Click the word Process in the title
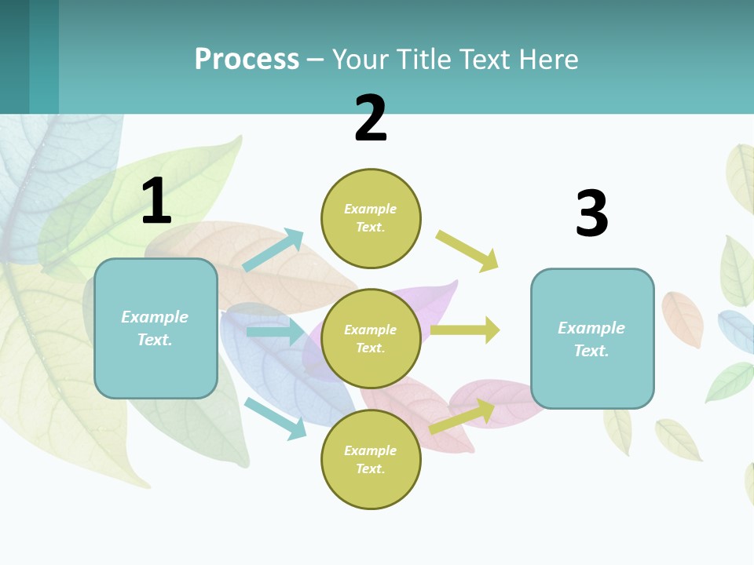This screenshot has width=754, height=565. (247, 60)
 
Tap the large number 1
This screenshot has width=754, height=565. (156, 201)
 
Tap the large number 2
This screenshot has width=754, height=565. (371, 118)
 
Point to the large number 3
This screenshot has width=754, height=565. (591, 213)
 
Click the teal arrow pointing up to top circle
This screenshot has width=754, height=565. (273, 250)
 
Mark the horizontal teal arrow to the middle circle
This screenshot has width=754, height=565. (274, 332)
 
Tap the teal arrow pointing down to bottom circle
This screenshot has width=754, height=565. (276, 418)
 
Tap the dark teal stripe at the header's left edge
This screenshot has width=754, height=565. (14, 56)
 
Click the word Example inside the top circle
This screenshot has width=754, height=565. (370, 209)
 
